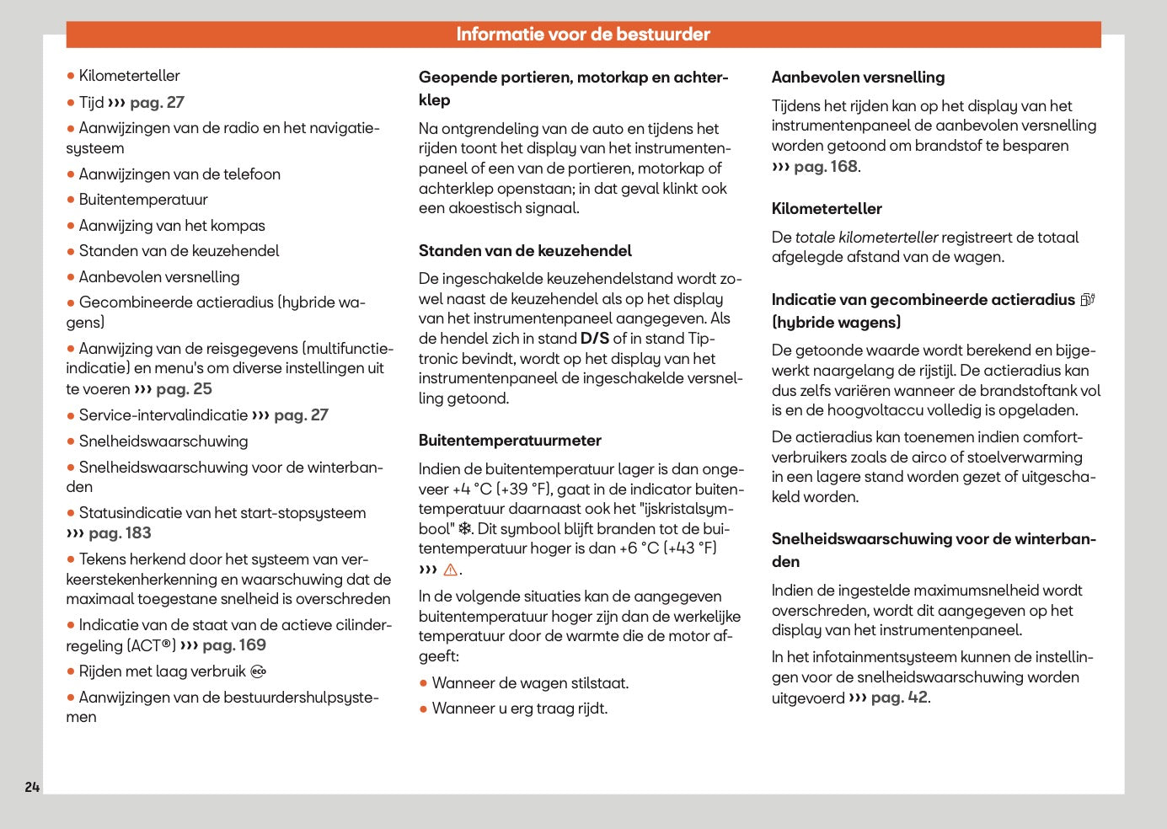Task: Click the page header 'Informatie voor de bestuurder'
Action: coord(583,35)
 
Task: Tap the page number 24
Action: coord(32,787)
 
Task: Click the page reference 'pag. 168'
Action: coord(825,167)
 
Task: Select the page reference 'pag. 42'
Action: coord(899,698)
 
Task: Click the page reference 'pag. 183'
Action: coord(120,533)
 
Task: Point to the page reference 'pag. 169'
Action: coord(234,645)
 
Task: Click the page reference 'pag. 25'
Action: coord(184,389)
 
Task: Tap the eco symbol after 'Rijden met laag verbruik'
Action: coord(259,671)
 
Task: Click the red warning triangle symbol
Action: coord(450,570)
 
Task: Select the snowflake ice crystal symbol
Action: coord(465,529)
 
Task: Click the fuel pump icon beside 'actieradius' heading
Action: coord(1088,299)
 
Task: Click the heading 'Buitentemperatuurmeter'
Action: coord(510,441)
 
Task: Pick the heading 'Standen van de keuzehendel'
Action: coord(525,251)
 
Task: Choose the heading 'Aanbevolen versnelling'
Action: coord(858,78)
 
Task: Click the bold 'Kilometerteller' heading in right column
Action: coord(827,209)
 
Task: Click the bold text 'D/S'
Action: coord(595,339)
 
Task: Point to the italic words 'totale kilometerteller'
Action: coord(867,238)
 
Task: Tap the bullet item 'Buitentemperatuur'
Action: coord(143,200)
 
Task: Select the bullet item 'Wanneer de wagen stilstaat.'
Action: coord(530,683)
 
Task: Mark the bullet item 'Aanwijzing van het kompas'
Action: coord(172,226)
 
